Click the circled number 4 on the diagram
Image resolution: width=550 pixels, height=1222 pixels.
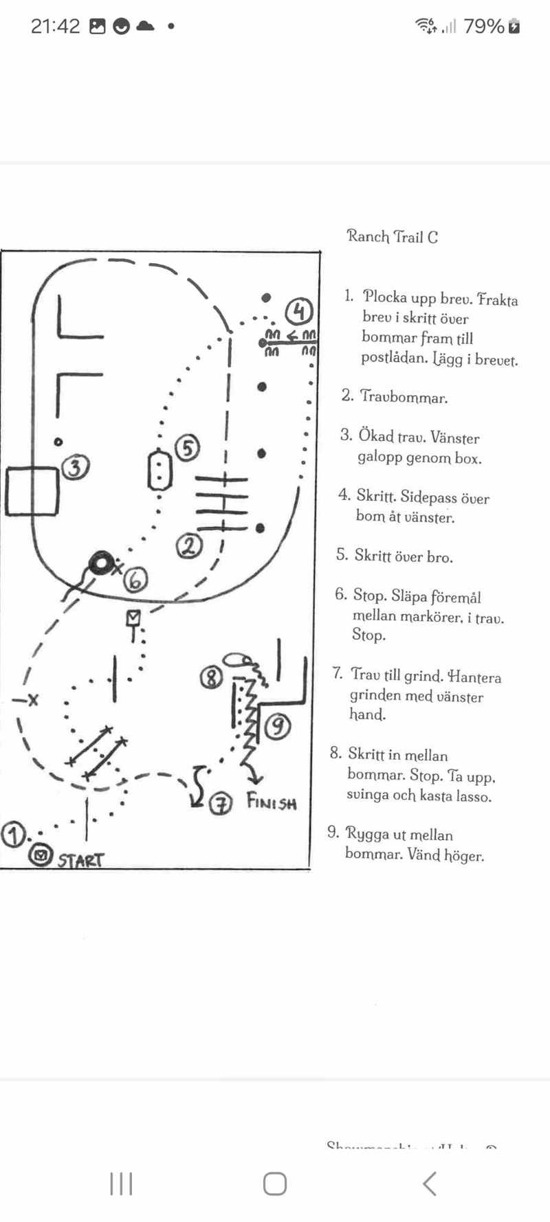point(299,311)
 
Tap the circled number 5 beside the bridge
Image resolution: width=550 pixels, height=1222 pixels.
point(187,448)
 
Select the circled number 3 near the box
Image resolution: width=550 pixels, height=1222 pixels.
point(75,467)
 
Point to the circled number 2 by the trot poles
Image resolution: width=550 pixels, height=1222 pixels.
point(189,545)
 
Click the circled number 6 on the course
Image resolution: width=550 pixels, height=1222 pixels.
point(135,580)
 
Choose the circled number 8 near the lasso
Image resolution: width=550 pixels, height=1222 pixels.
point(211,678)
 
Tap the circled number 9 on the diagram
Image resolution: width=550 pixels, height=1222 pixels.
point(277,725)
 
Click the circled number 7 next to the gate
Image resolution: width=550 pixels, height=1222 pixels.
point(220,803)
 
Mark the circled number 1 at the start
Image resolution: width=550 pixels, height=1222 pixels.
point(13,834)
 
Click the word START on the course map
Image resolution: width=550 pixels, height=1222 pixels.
point(80,860)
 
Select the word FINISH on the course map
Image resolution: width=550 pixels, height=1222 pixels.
point(272,802)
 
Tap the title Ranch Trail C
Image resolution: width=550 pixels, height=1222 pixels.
point(392,237)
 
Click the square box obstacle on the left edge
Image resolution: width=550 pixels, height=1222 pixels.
point(31,491)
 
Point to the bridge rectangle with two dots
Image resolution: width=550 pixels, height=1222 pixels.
point(159,471)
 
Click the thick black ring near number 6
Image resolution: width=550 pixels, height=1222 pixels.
point(101,563)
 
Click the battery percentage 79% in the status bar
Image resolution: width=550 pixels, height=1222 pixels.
point(484,26)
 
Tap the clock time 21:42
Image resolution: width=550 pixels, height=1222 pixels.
point(55,26)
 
